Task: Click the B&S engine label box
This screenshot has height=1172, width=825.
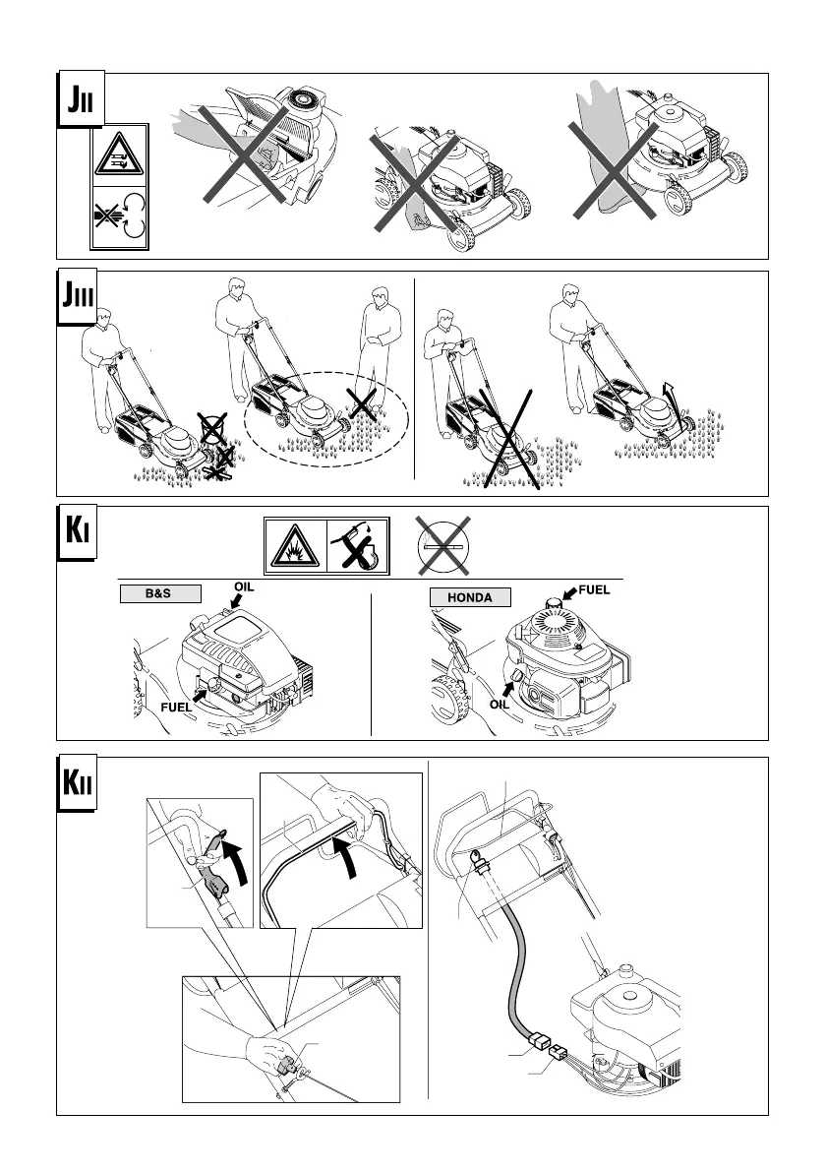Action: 161,593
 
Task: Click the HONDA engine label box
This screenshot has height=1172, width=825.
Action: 472,596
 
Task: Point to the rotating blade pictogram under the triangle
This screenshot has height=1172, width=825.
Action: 120,217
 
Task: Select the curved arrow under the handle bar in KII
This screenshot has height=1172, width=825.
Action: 345,845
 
